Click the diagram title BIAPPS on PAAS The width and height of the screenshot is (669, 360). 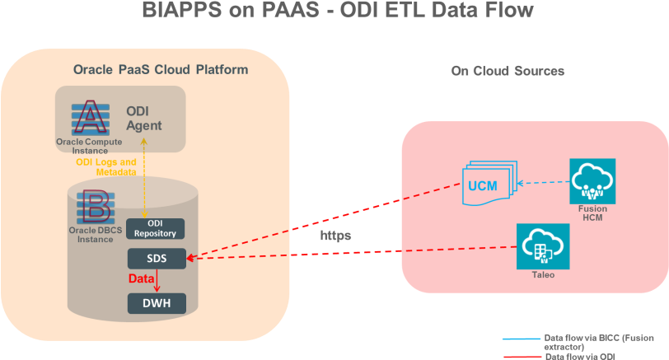pyautogui.click(x=336, y=12)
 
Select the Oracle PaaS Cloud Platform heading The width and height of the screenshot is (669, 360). pyautogui.click(x=160, y=70)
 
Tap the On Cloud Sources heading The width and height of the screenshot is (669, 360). pyautogui.click(x=507, y=71)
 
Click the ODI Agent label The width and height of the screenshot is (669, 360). pyautogui.click(x=143, y=119)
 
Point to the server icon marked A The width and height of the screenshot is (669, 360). pyautogui.click(x=89, y=117)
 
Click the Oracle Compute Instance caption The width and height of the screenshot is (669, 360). pyautogui.click(x=89, y=147)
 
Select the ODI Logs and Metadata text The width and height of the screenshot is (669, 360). pyautogui.click(x=106, y=167)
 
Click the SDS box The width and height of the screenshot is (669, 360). pyautogui.click(x=157, y=258)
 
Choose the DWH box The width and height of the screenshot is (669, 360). pyautogui.click(x=157, y=303)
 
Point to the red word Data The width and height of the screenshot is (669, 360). pyautogui.click(x=141, y=279)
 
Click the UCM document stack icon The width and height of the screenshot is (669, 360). pyautogui.click(x=486, y=184)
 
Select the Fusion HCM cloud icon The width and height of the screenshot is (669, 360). pyautogui.click(x=592, y=181)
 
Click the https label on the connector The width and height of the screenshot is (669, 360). pyautogui.click(x=336, y=236)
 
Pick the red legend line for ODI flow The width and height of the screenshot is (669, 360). pyautogui.click(x=521, y=356)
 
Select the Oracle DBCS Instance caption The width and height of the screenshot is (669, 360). pyautogui.click(x=91, y=235)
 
